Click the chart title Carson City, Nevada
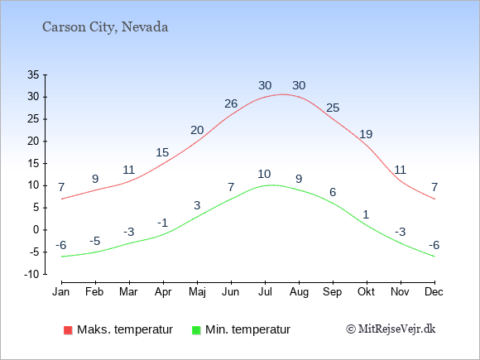pyautogui.click(x=105, y=27)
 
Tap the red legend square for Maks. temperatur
pyautogui.click(x=68, y=330)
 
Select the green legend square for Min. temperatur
pyautogui.click(x=196, y=330)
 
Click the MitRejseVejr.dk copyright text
pyautogui.click(x=391, y=329)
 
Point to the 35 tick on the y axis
pyautogui.click(x=33, y=74)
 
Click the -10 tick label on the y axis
pyautogui.click(x=31, y=274)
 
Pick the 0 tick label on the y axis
pyautogui.click(x=36, y=230)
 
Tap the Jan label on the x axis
pyautogui.click(x=61, y=292)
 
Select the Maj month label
pyautogui.click(x=197, y=292)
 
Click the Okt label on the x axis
pyautogui.click(x=366, y=292)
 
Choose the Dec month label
pyautogui.click(x=434, y=292)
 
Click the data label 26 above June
pyautogui.click(x=231, y=103)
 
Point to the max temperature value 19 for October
pyautogui.click(x=366, y=134)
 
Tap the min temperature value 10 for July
pyautogui.click(x=264, y=174)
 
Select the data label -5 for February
pyautogui.click(x=95, y=241)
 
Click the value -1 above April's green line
pyautogui.click(x=162, y=223)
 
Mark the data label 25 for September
pyautogui.click(x=333, y=108)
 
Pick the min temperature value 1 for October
pyautogui.click(x=366, y=214)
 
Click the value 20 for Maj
pyautogui.click(x=197, y=131)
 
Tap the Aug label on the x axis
pyautogui.click(x=299, y=292)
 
